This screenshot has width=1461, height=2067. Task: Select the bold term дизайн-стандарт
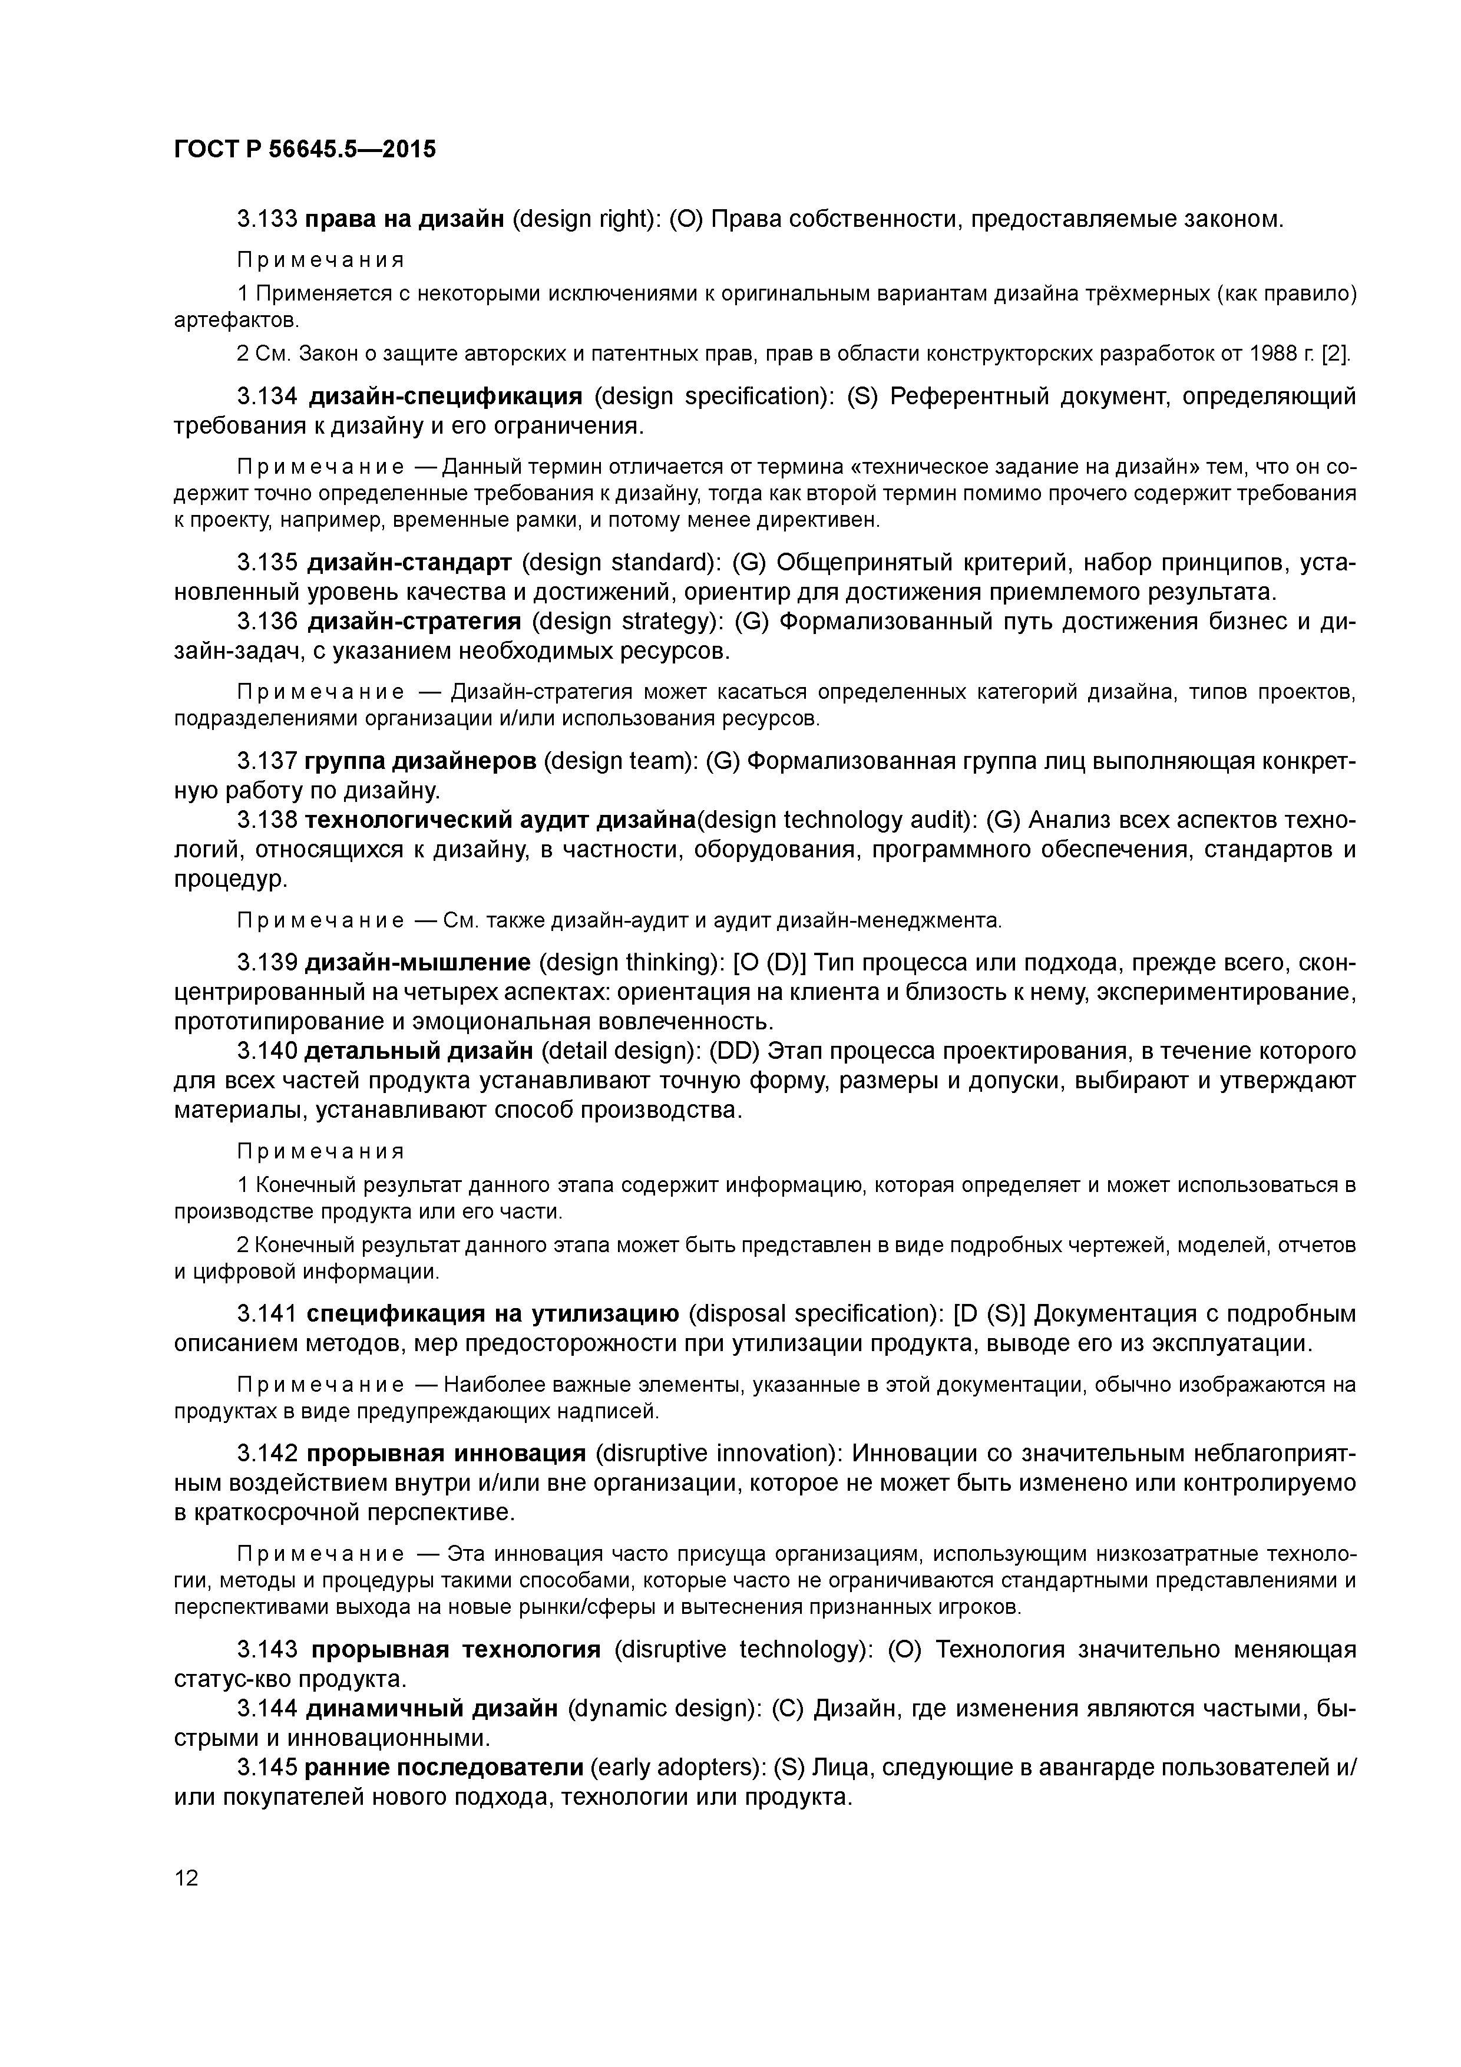(409, 563)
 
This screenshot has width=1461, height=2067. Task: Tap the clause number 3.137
(266, 762)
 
